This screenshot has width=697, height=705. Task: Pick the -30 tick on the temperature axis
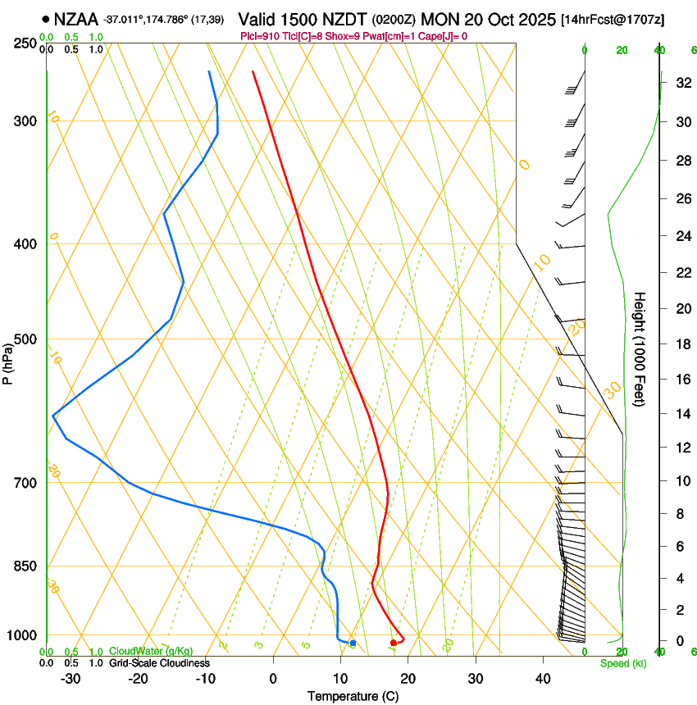pos(71,678)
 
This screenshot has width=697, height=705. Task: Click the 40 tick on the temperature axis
pos(542,678)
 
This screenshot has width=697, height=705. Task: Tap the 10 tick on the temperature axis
pos(340,678)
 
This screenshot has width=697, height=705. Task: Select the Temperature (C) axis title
pos(353,696)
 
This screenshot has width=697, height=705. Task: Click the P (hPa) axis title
pos(8,360)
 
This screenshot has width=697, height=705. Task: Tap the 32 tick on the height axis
pos(681,83)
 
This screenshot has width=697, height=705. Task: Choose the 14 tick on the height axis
pos(681,414)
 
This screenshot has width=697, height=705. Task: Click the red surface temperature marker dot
pos(394,643)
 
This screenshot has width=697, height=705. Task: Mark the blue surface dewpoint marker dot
pos(353,643)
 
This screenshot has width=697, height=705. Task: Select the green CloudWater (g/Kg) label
pos(151,652)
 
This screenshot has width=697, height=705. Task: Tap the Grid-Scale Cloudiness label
pos(159,663)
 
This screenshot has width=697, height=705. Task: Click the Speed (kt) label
pos(622,663)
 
